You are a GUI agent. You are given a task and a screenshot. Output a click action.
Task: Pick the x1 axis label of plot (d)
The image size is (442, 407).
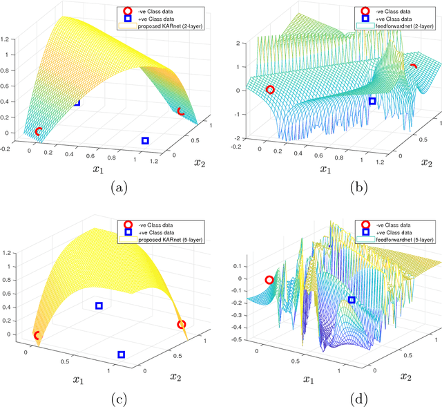pyautogui.click(x=309, y=379)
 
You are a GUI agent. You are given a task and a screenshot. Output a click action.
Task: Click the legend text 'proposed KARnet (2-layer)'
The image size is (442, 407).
pyautogui.click(x=171, y=26)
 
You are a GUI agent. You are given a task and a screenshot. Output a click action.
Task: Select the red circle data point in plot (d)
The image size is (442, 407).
pyautogui.click(x=269, y=280)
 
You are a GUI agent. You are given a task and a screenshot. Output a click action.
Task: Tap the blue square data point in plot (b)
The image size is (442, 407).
pyautogui.click(x=372, y=101)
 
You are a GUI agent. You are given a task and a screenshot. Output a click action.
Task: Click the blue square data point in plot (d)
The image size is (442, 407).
pyautogui.click(x=352, y=300)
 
